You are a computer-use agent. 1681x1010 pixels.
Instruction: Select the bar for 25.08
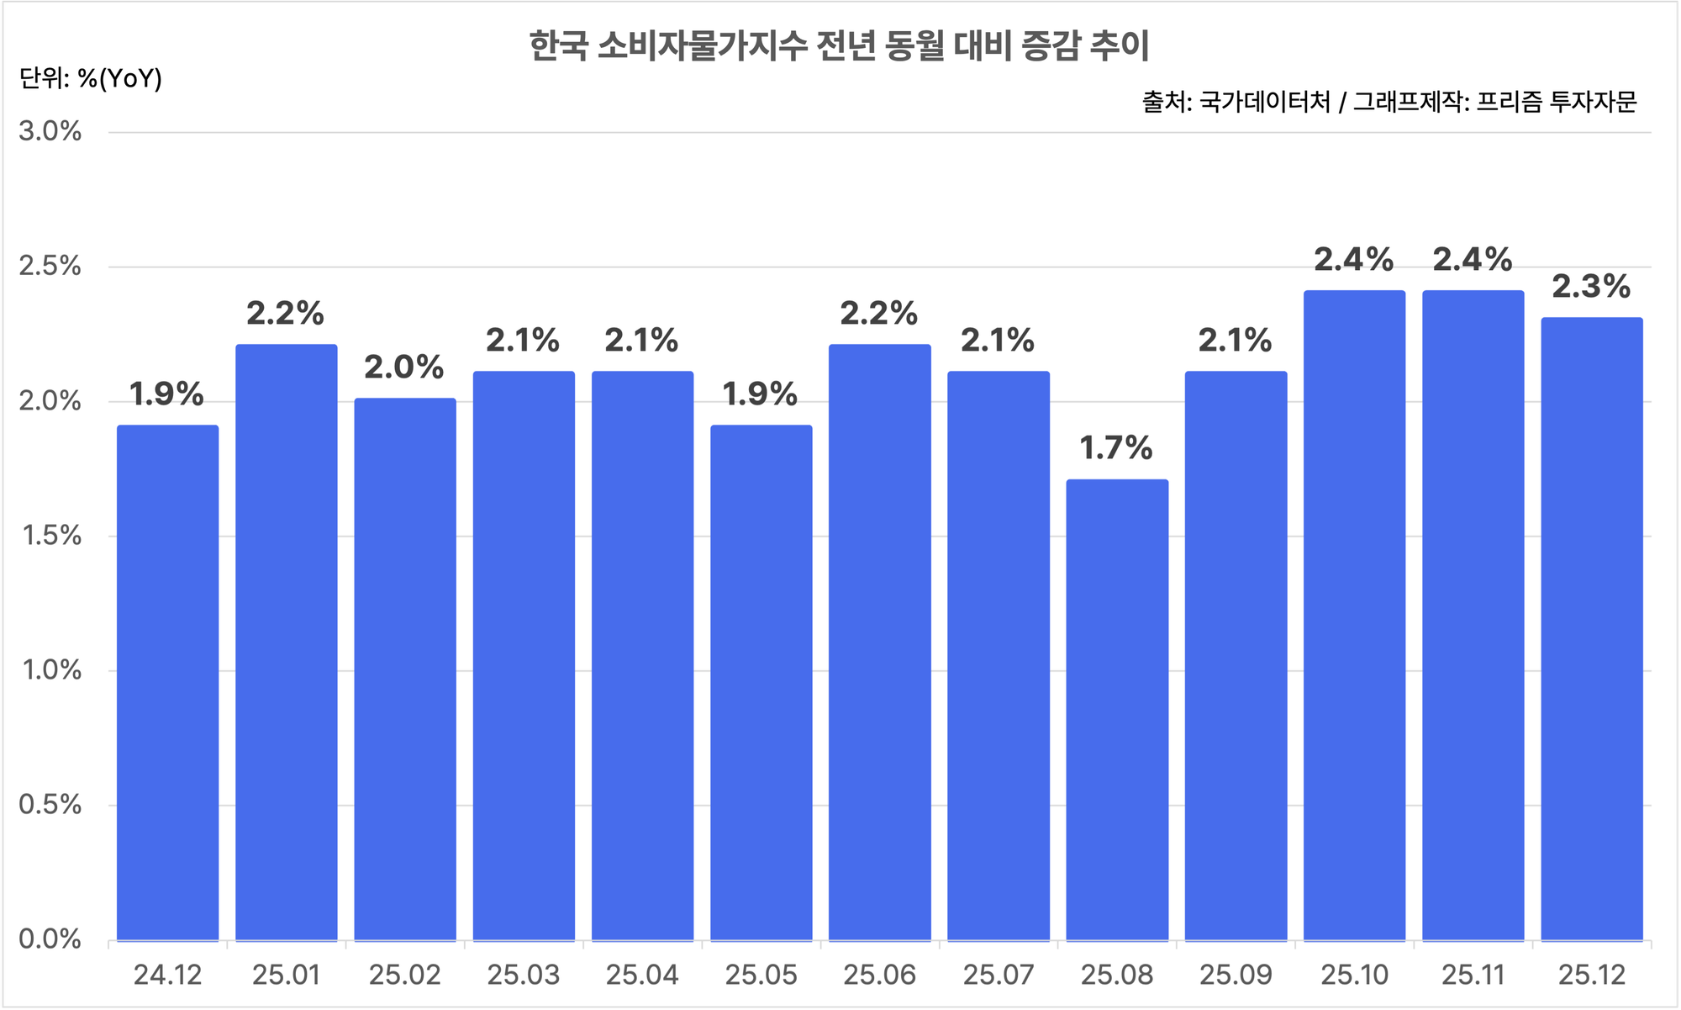(x=1117, y=711)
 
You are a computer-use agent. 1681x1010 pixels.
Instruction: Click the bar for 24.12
(x=167, y=683)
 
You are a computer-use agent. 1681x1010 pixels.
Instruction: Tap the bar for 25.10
(x=1354, y=616)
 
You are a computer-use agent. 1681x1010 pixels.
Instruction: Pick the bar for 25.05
(x=761, y=683)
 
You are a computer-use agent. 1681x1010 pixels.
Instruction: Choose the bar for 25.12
(x=1591, y=629)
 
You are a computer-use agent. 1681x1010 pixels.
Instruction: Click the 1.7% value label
(x=1115, y=448)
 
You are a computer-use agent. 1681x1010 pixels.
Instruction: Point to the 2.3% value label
(x=1590, y=287)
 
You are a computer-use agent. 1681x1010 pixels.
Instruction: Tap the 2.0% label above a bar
(x=403, y=368)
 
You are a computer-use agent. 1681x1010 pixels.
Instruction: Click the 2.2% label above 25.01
(x=285, y=314)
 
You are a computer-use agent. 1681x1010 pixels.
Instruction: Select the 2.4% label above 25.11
(x=1472, y=260)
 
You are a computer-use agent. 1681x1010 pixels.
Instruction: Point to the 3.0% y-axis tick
(x=50, y=131)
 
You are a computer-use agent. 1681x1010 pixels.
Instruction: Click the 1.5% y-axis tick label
(x=50, y=536)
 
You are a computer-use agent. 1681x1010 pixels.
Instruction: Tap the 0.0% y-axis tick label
(x=50, y=939)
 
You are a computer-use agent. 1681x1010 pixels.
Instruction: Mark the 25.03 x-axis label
(x=523, y=975)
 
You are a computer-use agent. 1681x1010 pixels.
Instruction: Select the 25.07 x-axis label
(x=998, y=975)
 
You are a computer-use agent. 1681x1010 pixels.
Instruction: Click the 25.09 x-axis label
(x=1236, y=975)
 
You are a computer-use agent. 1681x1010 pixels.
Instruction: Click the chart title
(x=839, y=45)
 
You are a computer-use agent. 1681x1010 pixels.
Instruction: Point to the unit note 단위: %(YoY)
(x=91, y=78)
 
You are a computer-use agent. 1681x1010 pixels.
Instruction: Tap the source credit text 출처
(x=1389, y=102)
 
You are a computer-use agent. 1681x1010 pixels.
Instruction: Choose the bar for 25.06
(x=879, y=642)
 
